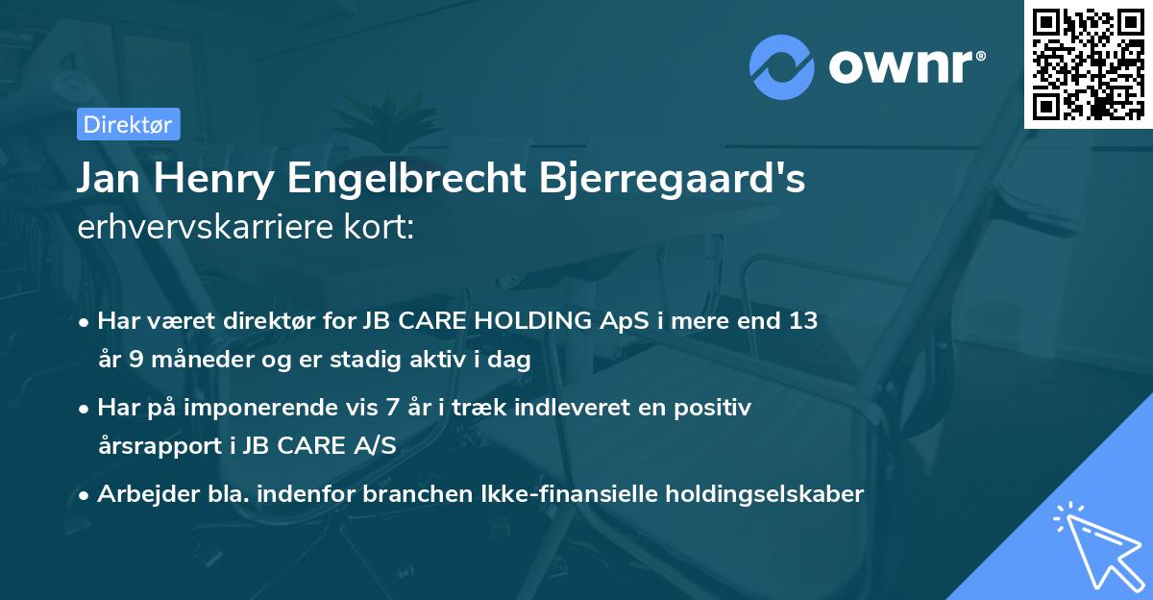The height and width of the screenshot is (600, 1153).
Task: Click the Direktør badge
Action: tap(128, 124)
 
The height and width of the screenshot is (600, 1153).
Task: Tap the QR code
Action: tap(1088, 63)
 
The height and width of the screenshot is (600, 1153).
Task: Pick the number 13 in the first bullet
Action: tap(803, 321)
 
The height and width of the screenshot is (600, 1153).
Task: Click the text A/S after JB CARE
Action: tap(373, 446)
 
